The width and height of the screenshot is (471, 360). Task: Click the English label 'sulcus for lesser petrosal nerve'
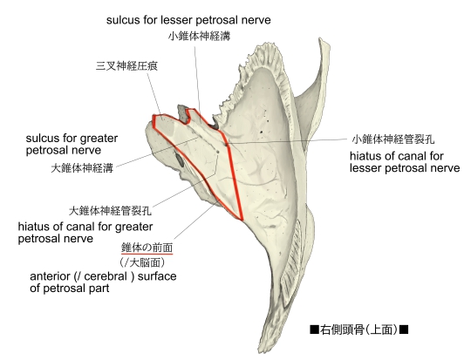(188, 20)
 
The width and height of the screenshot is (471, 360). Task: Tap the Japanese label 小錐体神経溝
(199, 36)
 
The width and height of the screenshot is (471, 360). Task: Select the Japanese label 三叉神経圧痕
(126, 65)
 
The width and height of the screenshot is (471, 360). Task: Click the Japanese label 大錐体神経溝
(82, 168)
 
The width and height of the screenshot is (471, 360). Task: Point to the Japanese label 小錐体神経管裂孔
(393, 139)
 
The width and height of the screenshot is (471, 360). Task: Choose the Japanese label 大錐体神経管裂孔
(110, 211)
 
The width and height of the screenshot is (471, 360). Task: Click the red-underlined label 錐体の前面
(147, 248)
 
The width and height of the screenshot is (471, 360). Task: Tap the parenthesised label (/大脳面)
(142, 262)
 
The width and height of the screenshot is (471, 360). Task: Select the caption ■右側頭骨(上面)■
(359, 329)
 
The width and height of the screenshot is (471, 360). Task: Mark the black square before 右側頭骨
(314, 329)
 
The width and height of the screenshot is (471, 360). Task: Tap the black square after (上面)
(404, 329)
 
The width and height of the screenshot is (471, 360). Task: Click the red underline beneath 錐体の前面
(147, 254)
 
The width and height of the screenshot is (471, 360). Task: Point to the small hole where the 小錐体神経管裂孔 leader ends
(226, 144)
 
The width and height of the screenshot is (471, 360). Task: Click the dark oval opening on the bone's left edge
(179, 160)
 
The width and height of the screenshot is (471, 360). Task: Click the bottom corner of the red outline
(242, 220)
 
